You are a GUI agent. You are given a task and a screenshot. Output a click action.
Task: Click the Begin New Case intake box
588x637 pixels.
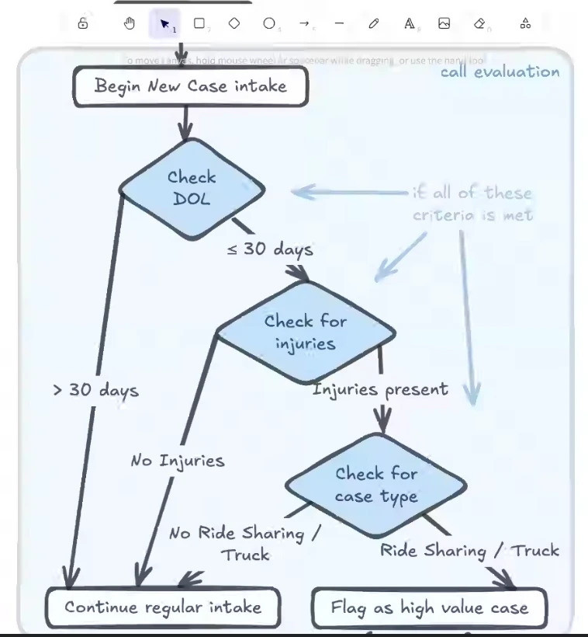click(191, 85)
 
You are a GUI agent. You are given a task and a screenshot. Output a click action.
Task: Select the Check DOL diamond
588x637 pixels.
click(192, 189)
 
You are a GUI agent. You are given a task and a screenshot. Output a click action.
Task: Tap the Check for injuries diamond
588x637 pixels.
click(305, 332)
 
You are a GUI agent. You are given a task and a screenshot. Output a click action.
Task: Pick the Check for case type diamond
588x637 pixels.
click(376, 485)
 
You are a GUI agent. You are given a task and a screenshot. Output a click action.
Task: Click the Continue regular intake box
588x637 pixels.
click(163, 607)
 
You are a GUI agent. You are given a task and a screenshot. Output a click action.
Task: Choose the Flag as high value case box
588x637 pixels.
click(429, 608)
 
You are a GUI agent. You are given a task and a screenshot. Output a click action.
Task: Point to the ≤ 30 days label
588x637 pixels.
click(270, 249)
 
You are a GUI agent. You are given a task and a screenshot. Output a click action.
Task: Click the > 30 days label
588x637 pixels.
click(95, 389)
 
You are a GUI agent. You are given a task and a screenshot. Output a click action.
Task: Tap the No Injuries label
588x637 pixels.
click(178, 461)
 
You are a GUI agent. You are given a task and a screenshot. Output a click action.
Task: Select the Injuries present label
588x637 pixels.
click(380, 389)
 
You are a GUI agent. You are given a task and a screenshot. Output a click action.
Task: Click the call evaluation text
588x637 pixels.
click(500, 72)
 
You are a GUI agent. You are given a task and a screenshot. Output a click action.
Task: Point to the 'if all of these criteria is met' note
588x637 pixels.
click(472, 204)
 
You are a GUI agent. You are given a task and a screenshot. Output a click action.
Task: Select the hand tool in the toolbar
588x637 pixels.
click(130, 23)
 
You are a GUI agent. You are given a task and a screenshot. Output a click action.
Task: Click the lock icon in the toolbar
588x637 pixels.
click(83, 23)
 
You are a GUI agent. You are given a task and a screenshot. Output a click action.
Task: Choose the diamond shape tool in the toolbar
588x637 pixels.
click(234, 23)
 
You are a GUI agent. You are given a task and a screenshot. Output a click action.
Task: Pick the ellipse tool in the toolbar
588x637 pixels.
click(268, 23)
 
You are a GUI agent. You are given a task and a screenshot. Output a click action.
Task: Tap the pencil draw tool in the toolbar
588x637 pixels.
click(373, 23)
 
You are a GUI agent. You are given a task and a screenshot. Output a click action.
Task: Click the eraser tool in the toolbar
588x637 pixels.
click(479, 23)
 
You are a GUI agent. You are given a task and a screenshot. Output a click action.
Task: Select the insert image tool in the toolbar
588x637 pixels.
click(444, 23)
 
